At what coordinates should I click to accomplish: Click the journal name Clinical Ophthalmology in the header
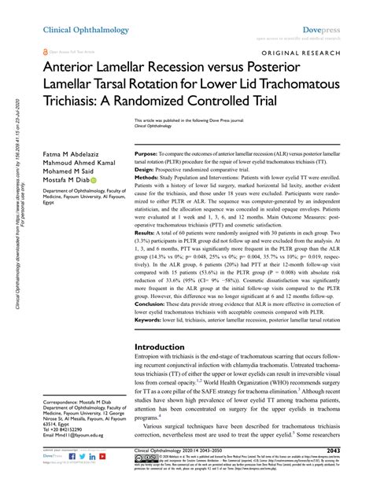point(76,29)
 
